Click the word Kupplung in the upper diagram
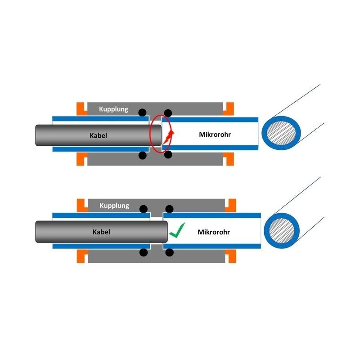(x=114, y=109)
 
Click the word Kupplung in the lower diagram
(x=114, y=206)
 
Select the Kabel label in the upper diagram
(x=98, y=135)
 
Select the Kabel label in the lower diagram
(x=101, y=232)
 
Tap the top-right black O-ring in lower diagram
(x=169, y=209)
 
